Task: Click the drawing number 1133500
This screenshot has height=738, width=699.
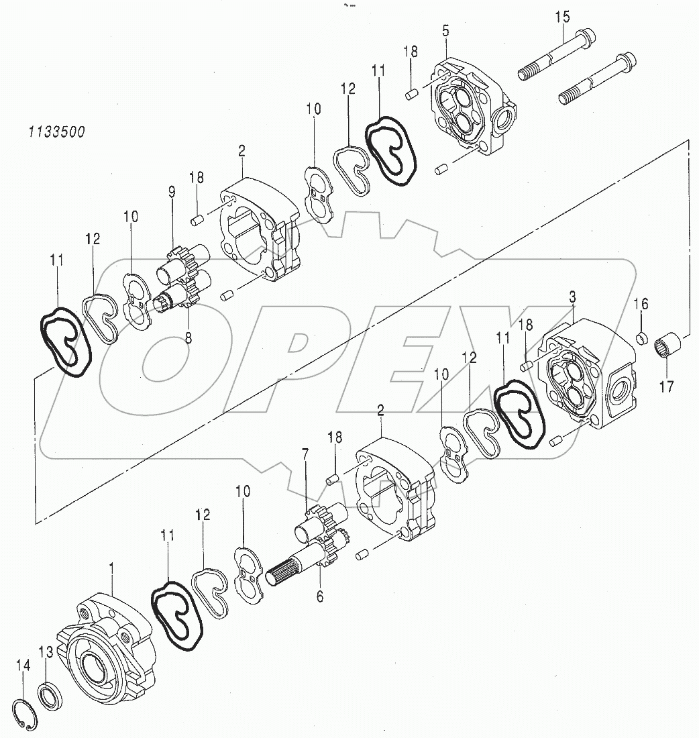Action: click(x=57, y=132)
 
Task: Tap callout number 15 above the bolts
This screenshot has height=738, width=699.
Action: click(x=562, y=17)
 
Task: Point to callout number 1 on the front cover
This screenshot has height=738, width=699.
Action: click(x=111, y=568)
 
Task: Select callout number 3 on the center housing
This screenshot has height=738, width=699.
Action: click(x=572, y=297)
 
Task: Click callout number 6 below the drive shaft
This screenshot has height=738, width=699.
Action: click(x=319, y=596)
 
